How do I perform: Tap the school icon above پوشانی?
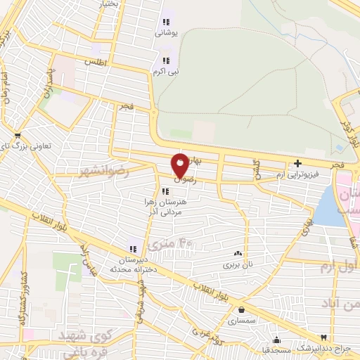pyautogui.click(x=166, y=21)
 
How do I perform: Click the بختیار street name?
pyautogui.click(x=117, y=4)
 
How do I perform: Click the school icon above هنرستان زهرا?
pyautogui.click(x=165, y=191)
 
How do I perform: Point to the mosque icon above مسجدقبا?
pyautogui.click(x=277, y=337)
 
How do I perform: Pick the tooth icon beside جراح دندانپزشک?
pyautogui.click(x=323, y=337)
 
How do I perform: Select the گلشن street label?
pyautogui.click(x=257, y=169)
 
